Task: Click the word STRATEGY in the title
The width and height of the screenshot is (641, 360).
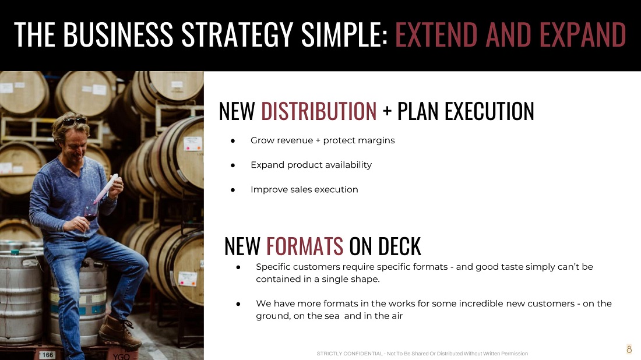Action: coord(237,34)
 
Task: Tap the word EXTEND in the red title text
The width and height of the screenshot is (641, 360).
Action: coord(436,34)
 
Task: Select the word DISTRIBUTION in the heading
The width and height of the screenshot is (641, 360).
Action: coord(319,111)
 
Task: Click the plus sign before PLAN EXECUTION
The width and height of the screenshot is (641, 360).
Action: coord(387,112)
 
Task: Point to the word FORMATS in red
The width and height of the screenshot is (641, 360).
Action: coord(305,246)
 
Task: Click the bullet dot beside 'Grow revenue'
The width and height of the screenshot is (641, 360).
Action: coord(233,140)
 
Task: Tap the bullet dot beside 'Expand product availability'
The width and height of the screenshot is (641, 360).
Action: coord(233,165)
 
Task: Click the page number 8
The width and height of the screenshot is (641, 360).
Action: coord(629,349)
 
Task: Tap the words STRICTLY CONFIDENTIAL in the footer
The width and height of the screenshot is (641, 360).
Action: coord(349,354)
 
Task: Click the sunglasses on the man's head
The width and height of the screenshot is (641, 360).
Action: coord(75,121)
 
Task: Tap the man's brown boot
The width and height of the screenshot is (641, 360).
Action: coord(118,331)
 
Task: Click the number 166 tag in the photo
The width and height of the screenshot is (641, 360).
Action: coord(48,355)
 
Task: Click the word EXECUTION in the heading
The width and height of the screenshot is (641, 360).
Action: coord(489,111)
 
